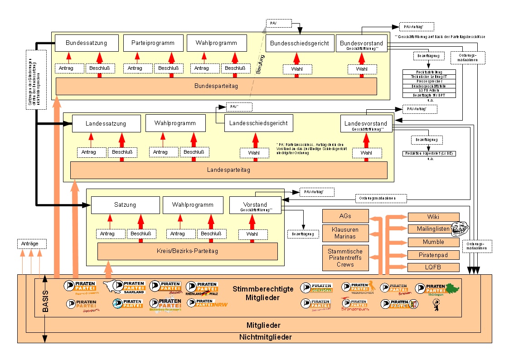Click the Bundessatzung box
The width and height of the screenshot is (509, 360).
pyautogui.click(x=86, y=43)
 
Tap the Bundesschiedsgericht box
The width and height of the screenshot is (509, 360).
pyautogui.click(x=300, y=43)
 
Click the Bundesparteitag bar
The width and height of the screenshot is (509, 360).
pyautogui.click(x=216, y=86)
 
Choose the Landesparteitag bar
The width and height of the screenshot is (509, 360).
pyautogui.click(x=228, y=170)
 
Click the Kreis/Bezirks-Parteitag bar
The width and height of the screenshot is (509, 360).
pyautogui.click(x=188, y=251)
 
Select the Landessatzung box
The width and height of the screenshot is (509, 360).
pyautogui.click(x=106, y=123)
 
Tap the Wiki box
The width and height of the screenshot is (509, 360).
pyautogui.click(x=433, y=217)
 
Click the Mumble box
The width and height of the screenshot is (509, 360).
pyautogui.click(x=433, y=242)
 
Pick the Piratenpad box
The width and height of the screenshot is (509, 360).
pyautogui.click(x=433, y=255)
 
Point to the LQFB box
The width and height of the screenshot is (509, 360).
pyautogui.click(x=433, y=268)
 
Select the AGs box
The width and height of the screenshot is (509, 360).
pyautogui.click(x=345, y=216)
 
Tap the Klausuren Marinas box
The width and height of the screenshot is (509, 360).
pyautogui.click(x=345, y=233)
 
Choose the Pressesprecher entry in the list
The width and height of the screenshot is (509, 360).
pyautogui.click(x=429, y=81)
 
